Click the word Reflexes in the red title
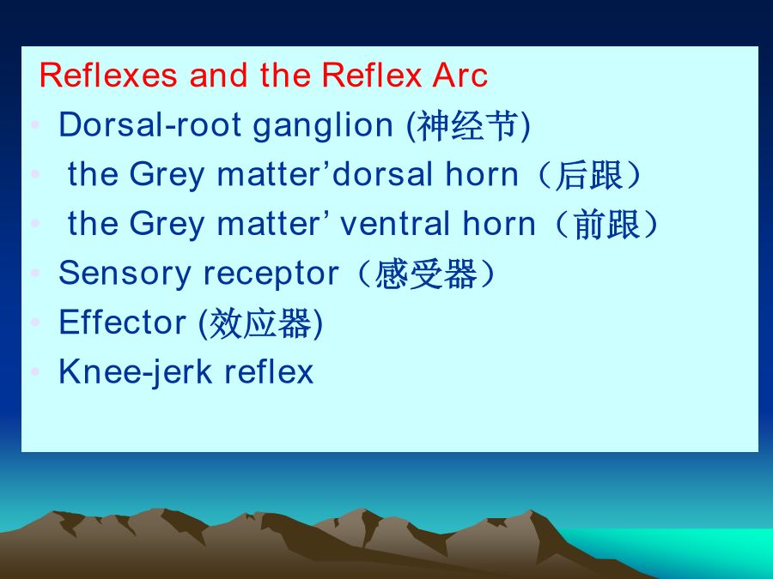tap(108, 75)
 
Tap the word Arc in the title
tap(460, 75)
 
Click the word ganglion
tap(323, 126)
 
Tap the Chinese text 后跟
tap(589, 175)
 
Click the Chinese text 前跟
tap(606, 225)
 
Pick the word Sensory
tap(125, 274)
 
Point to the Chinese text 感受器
tap(426, 274)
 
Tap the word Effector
tap(122, 322)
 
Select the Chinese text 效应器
tap(260, 323)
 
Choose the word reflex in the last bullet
tap(269, 371)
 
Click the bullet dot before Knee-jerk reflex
tap(35, 371)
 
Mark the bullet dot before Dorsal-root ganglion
tap(35, 124)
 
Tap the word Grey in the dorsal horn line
tap(167, 176)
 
